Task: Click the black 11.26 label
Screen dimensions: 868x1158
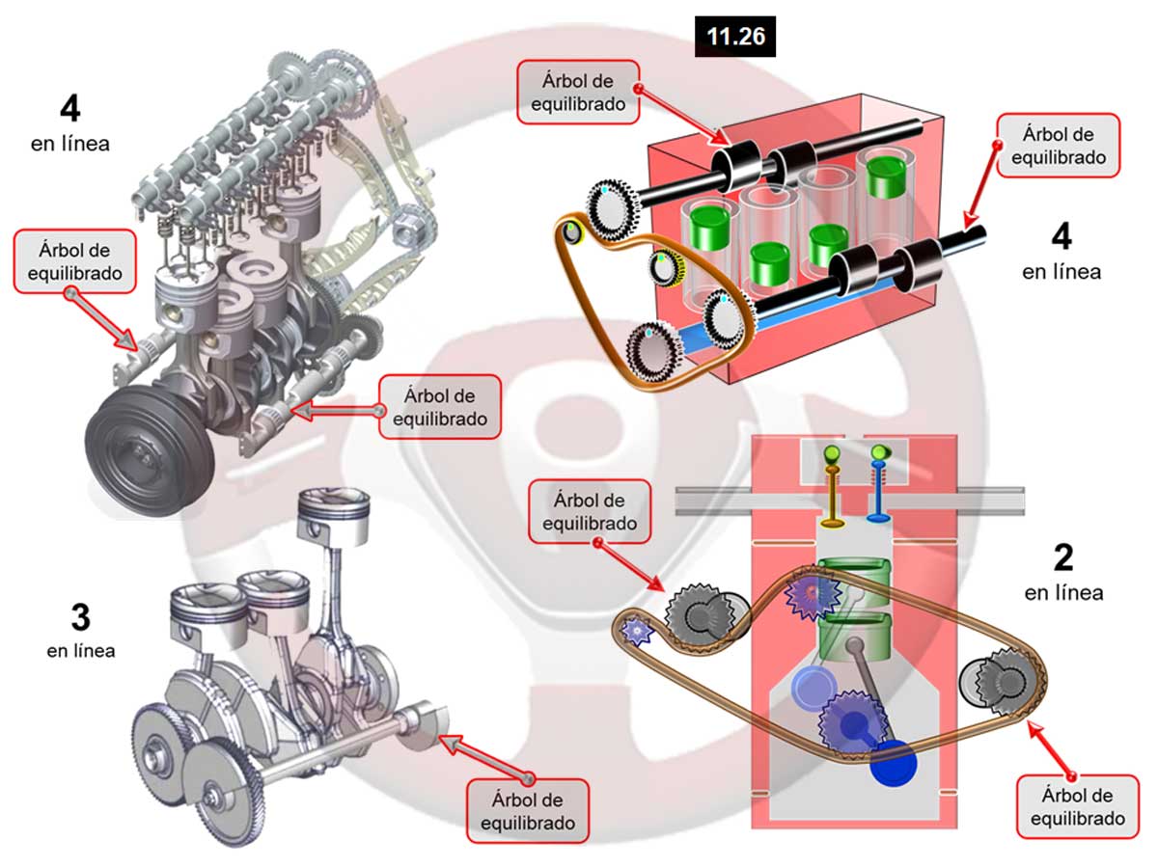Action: tap(735, 37)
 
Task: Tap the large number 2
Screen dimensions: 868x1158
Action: tap(1063, 556)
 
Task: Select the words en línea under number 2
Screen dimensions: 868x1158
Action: tap(1063, 592)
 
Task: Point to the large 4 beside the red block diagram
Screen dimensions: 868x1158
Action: tap(1061, 236)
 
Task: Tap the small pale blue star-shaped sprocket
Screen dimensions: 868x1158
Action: tap(637, 631)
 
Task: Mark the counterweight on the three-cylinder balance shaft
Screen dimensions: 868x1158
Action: tap(419, 726)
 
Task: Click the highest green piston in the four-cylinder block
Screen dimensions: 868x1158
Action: tap(885, 176)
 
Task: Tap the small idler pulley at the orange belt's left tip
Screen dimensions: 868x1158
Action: tap(573, 232)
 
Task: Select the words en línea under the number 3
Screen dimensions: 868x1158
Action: tap(80, 650)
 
